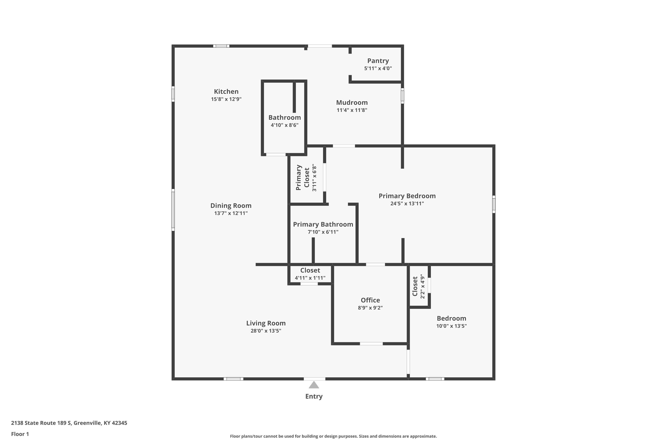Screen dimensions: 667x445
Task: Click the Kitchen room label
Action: point(226,91)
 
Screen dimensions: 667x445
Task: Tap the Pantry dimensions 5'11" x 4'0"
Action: point(378,68)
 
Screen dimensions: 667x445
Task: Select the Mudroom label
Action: point(352,102)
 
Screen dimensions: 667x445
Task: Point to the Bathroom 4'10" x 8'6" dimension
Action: point(284,125)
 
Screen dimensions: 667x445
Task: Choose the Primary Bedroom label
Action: point(407,196)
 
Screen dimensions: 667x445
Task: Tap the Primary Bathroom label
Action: point(323,224)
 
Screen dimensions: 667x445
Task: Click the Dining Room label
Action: point(231,205)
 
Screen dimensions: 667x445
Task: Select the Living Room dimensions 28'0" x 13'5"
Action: point(266,331)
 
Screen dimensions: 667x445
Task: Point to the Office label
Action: point(370,300)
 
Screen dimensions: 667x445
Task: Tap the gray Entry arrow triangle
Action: point(314,385)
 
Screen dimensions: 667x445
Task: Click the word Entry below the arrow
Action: point(314,396)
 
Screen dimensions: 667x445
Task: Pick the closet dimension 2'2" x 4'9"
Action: point(423,286)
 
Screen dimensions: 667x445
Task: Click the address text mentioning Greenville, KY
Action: point(69,423)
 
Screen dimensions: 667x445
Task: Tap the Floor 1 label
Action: point(20,434)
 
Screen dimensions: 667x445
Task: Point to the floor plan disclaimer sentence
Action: point(333,436)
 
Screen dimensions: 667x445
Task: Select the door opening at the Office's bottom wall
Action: point(371,344)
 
